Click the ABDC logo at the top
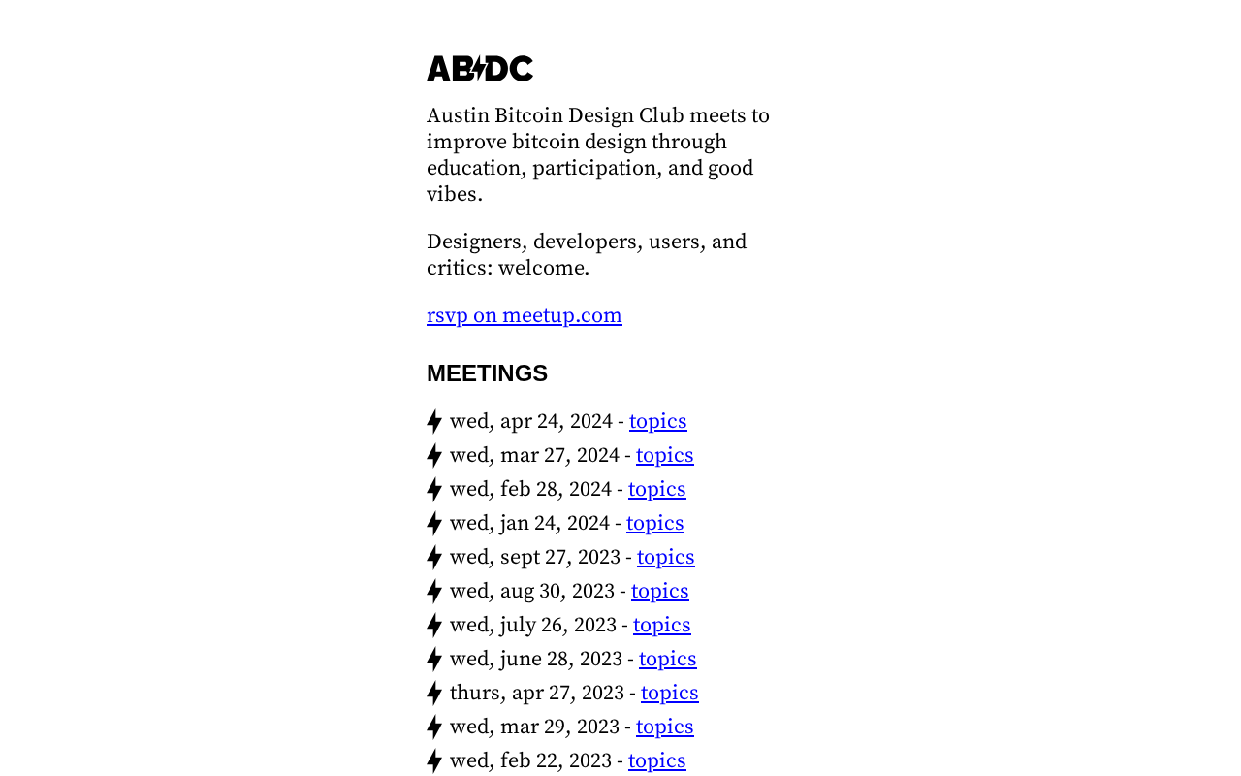tap(480, 69)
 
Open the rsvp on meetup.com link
tap(524, 315)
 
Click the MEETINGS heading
tap(487, 373)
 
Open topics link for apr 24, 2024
tap(657, 421)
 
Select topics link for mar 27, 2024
tap(664, 455)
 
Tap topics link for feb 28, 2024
tap(656, 489)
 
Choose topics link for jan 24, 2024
tap(654, 523)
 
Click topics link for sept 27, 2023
tap(665, 557)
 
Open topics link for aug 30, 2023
tap(659, 591)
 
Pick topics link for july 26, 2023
tap(661, 625)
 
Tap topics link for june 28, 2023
tap(667, 659)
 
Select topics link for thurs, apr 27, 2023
tap(669, 693)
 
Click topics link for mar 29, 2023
tap(664, 727)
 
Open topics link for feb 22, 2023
tap(656, 760)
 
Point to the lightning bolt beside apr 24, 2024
tap(434, 421)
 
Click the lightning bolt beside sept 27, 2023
tap(434, 557)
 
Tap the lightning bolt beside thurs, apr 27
tap(434, 693)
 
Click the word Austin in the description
tap(458, 115)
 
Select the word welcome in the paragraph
tap(543, 268)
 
